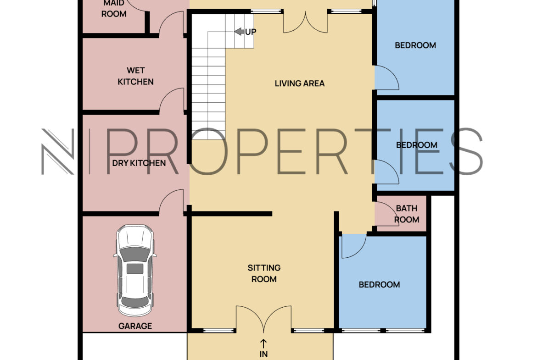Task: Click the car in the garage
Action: [x=135, y=270]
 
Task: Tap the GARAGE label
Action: [x=135, y=326]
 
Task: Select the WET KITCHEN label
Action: [x=135, y=76]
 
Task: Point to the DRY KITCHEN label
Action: [x=139, y=163]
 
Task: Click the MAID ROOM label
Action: [x=114, y=9]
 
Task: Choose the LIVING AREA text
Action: [x=300, y=83]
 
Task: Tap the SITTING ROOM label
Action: [x=264, y=273]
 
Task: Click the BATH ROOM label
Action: [x=407, y=214]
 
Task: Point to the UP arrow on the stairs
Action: [x=240, y=32]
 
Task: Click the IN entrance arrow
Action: [x=263, y=343]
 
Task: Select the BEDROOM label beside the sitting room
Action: [x=379, y=285]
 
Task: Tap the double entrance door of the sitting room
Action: [x=264, y=319]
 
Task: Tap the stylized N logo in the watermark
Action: [x=57, y=152]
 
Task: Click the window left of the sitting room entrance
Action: [x=219, y=331]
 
